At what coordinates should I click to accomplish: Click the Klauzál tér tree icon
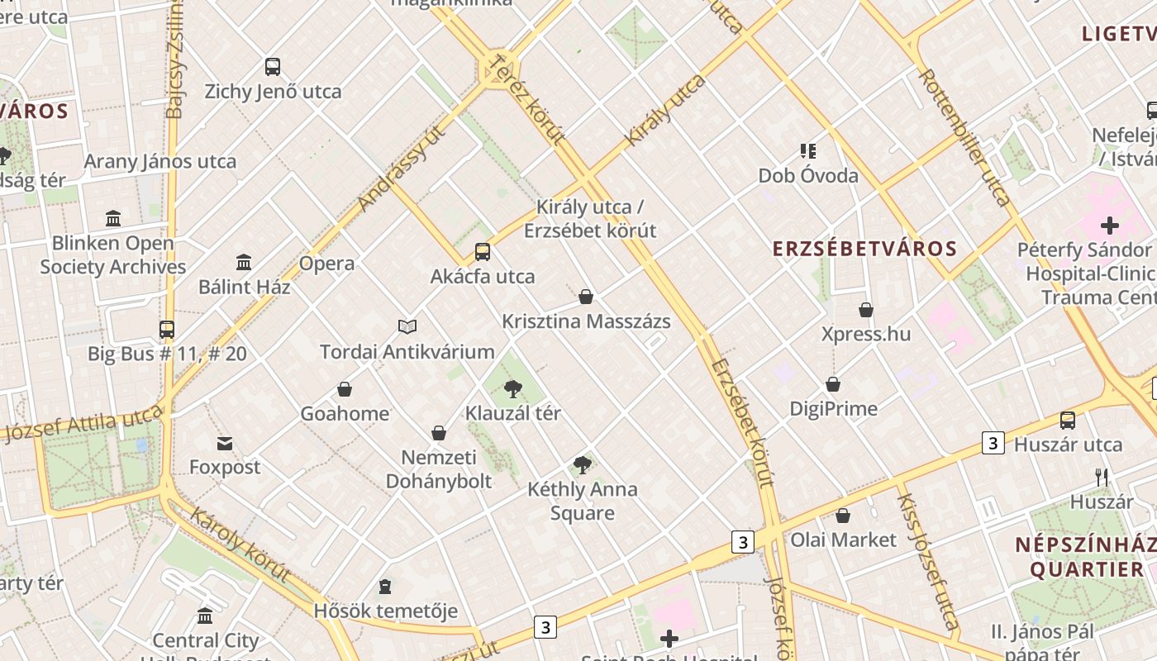tap(513, 388)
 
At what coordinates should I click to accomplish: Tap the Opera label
tap(326, 264)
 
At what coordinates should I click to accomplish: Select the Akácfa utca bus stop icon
tap(482, 252)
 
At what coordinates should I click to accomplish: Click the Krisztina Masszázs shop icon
tap(586, 297)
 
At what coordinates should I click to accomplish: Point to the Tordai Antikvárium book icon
tap(407, 327)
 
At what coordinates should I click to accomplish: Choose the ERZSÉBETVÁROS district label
tap(864, 249)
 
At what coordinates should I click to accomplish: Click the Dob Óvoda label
tap(808, 176)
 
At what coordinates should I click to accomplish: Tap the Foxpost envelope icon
tap(224, 444)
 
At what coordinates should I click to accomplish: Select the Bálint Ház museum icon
tap(244, 263)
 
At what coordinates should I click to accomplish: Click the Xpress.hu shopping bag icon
tap(865, 310)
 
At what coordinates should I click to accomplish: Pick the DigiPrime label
tap(833, 408)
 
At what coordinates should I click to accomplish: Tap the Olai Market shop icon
tap(843, 516)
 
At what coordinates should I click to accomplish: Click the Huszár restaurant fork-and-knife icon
tap(1101, 477)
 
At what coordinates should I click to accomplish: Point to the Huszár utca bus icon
tap(1068, 421)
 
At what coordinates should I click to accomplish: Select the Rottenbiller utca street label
tap(964, 137)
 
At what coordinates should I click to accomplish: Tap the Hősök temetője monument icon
tap(384, 587)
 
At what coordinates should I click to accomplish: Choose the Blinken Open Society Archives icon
tap(113, 219)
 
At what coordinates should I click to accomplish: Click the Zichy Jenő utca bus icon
tap(272, 67)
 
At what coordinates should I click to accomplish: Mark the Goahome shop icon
tap(344, 389)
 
